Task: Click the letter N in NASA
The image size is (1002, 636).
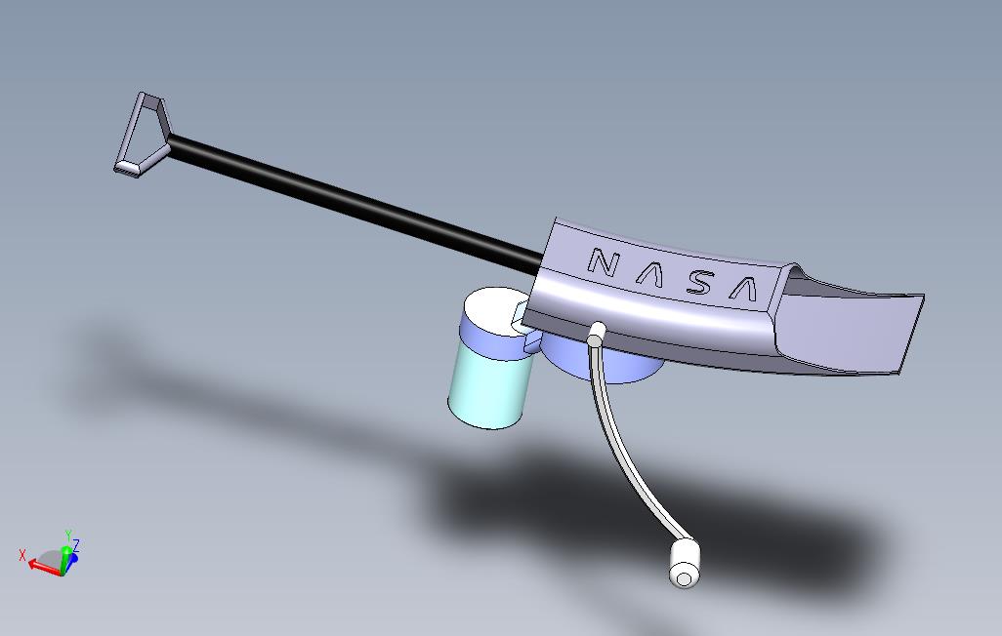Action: (x=603, y=262)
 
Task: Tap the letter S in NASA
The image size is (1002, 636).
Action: (x=698, y=283)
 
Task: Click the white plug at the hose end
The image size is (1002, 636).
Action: (x=685, y=566)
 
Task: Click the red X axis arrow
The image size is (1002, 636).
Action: (x=43, y=565)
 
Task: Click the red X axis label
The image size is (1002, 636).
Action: (x=22, y=555)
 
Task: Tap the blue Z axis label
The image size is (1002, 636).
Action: (x=76, y=544)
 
